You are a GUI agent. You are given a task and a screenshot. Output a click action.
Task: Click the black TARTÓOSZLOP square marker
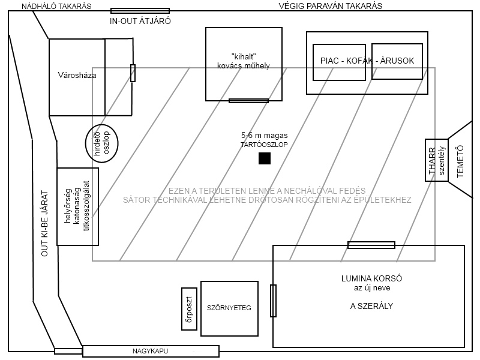point(264,158)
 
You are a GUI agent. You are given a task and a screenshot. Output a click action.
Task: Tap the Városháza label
point(77,76)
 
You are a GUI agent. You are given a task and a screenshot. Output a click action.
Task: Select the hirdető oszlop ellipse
point(101,144)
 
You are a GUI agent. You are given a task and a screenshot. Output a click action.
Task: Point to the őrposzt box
point(189,308)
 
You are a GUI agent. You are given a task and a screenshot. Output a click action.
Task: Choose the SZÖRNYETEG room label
point(229,308)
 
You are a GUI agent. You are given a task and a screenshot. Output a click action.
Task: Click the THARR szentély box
point(436,160)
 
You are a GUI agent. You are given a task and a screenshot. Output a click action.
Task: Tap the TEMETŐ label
point(460,160)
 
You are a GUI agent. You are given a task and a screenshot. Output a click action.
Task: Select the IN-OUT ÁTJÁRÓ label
point(140,21)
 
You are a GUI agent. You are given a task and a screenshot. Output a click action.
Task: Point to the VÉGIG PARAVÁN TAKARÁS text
point(331,7)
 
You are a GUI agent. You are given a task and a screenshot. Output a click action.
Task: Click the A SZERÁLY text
point(371,305)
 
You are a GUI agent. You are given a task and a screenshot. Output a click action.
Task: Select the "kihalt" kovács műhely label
point(242,61)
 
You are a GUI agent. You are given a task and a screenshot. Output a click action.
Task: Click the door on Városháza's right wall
point(133,73)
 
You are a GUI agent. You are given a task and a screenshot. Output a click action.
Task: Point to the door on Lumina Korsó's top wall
point(371,245)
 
